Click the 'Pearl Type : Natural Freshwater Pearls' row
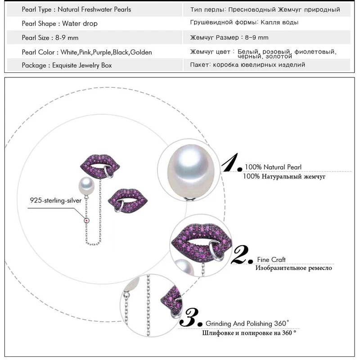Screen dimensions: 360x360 click(76, 9)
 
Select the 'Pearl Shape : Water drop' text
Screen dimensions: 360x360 click(60, 24)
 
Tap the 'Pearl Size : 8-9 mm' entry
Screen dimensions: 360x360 click(50, 38)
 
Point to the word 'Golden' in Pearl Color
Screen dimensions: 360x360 click(141, 52)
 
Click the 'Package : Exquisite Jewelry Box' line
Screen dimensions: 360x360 click(67, 65)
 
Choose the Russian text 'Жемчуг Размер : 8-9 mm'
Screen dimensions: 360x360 click(229, 37)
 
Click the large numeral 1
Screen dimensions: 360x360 click(231, 162)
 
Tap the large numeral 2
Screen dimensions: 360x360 click(242, 254)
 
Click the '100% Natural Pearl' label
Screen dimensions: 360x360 click(273, 167)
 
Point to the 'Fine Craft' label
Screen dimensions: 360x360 click(271, 260)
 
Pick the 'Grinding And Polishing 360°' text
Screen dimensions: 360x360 click(247, 324)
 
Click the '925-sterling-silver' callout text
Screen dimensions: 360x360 click(55, 200)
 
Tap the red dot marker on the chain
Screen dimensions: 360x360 click(86, 220)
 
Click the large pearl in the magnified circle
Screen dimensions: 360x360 click(190, 171)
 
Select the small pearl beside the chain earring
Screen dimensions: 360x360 click(86, 186)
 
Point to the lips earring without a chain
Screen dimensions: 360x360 click(128, 201)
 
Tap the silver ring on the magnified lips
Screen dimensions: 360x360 click(215, 251)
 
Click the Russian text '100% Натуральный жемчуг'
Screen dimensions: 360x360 click(284, 176)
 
